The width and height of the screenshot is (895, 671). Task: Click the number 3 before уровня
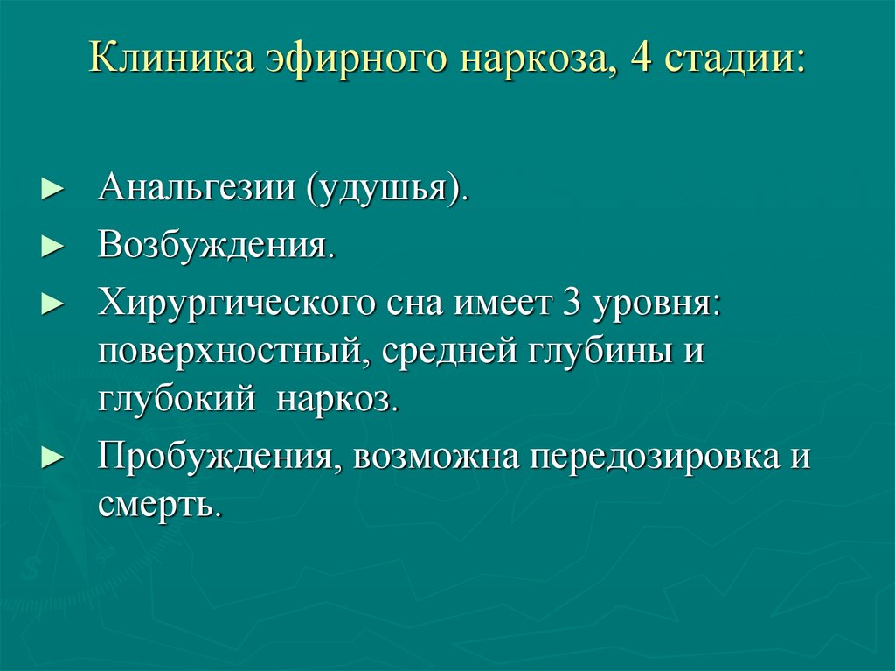[571, 304]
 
